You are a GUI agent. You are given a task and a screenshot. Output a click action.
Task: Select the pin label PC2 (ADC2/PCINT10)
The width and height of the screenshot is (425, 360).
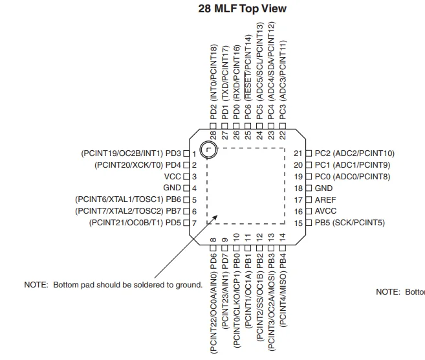click(x=354, y=153)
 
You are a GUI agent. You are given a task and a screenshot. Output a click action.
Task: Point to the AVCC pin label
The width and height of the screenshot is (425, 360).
click(x=326, y=212)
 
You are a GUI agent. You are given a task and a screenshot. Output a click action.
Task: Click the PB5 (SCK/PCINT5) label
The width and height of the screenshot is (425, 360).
click(x=349, y=223)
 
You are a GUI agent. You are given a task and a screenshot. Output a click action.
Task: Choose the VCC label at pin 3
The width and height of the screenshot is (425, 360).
click(x=172, y=177)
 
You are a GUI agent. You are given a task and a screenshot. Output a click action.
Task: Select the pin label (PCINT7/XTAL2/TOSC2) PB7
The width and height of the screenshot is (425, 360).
click(x=128, y=212)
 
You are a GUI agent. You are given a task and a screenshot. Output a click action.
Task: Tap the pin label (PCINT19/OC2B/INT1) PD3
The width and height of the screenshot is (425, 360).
click(x=130, y=153)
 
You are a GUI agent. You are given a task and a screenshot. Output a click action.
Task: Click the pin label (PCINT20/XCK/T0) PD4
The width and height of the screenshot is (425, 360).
click(x=137, y=165)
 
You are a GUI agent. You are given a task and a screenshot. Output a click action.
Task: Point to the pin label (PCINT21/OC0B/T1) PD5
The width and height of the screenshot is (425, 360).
click(x=135, y=223)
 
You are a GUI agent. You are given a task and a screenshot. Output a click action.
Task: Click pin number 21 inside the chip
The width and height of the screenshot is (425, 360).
click(x=298, y=153)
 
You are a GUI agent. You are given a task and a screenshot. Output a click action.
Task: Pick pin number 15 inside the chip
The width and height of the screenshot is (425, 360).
click(x=298, y=223)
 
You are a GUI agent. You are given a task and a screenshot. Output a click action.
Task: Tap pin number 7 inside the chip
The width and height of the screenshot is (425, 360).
click(x=193, y=223)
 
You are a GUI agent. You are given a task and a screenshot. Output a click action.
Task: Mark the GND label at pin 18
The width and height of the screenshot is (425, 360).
click(x=323, y=188)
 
